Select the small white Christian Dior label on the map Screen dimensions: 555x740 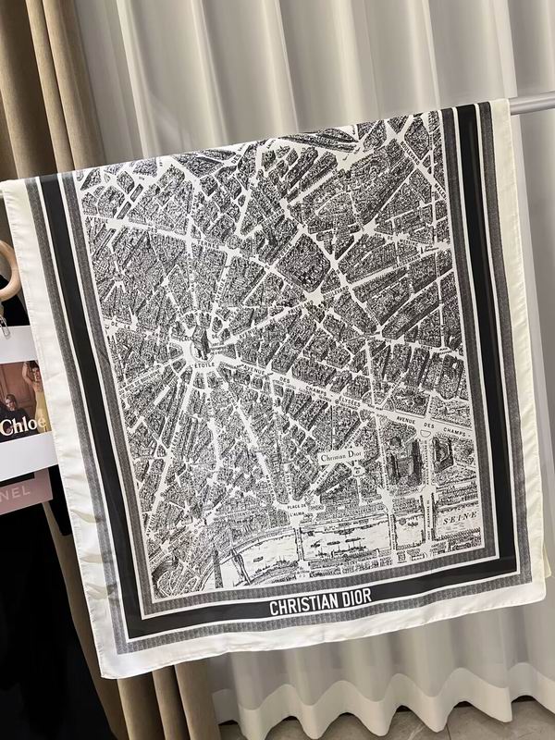coord(342,457)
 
